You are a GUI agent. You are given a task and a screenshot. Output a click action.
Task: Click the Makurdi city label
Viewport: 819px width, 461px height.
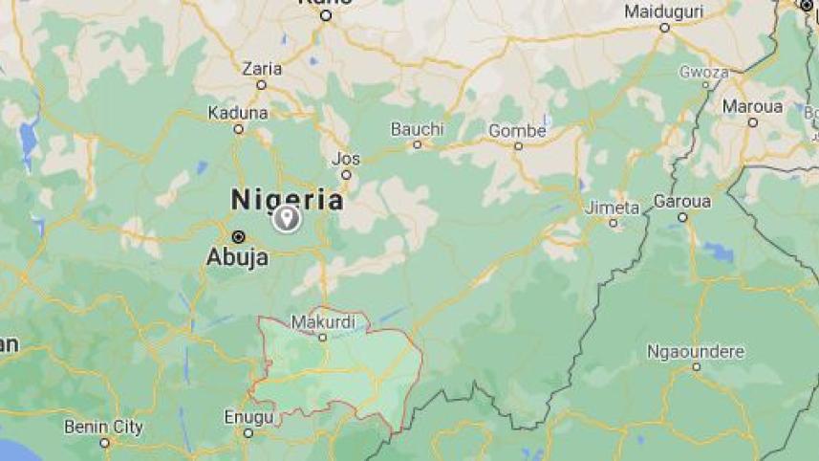323,321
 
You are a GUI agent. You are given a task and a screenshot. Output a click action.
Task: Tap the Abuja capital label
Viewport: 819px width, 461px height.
237,256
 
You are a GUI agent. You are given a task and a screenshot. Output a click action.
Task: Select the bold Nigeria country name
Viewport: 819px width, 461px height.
287,199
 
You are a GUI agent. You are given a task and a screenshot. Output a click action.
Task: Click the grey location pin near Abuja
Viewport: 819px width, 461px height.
286,219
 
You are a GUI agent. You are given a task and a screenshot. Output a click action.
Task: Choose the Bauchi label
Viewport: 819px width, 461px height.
418,129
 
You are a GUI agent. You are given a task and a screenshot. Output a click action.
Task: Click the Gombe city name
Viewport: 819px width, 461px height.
517,131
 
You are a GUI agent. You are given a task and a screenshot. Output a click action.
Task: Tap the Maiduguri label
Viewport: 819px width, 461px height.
664,12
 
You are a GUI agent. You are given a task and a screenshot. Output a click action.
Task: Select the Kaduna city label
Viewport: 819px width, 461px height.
238,113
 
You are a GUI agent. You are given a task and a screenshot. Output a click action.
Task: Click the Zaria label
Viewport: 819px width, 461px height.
261,69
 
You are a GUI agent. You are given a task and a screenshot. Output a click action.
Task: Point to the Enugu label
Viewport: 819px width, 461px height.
248,417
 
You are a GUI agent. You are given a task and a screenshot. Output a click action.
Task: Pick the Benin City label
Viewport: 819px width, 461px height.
104,427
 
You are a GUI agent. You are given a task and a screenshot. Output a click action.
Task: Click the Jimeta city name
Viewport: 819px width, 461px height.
613,208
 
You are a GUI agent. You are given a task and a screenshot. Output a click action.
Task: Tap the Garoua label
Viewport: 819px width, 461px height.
682,202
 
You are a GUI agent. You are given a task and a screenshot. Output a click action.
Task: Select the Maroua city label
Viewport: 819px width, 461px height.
752,106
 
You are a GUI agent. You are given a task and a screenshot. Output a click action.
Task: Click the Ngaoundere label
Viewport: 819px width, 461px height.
695,351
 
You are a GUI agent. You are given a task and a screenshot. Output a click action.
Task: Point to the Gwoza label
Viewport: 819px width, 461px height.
703,72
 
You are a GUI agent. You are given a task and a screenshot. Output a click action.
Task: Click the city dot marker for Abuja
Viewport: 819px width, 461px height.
238,236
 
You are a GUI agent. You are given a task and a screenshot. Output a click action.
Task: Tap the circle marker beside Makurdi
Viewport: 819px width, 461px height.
323,337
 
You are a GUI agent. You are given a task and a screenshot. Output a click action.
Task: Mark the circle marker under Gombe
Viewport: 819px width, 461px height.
518,146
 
